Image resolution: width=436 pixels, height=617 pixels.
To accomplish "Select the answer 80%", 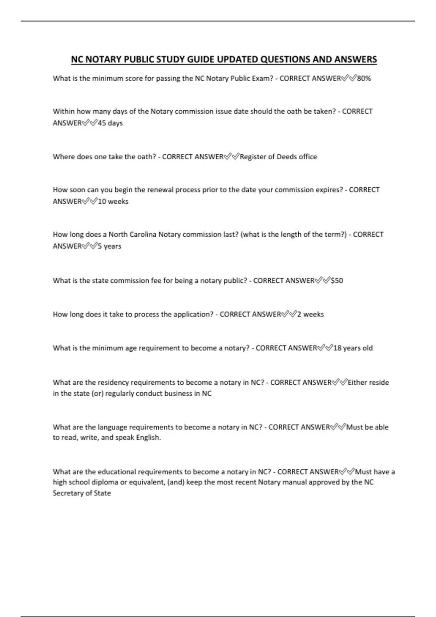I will [364, 78].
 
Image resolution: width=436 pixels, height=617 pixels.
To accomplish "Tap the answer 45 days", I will [110, 123].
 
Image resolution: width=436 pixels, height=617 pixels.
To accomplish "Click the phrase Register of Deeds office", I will [278, 157].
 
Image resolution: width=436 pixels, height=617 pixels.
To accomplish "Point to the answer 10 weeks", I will [113, 201].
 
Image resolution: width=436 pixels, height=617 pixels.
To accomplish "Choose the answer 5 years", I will [109, 246].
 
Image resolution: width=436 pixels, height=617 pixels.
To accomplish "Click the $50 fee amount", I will [337, 281].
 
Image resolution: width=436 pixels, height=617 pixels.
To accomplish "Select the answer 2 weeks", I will [311, 314].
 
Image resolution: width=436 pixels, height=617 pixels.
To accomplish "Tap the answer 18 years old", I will [353, 348].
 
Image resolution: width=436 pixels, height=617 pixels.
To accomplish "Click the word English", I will [148, 438].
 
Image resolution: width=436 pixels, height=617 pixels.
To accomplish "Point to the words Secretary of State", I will [82, 493].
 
